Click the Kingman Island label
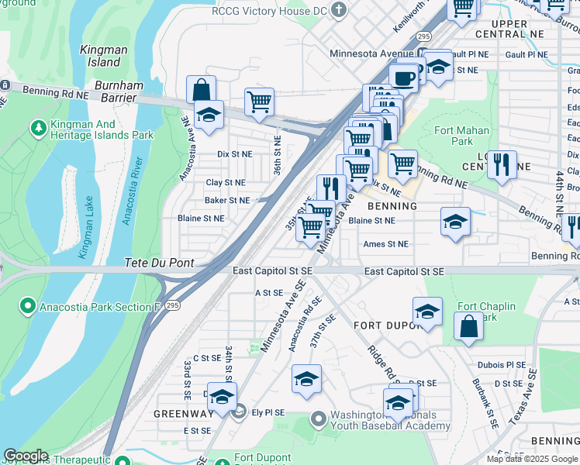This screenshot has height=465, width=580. [103, 55]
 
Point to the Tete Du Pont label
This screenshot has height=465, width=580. [160, 263]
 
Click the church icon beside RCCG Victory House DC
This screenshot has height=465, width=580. [337, 9]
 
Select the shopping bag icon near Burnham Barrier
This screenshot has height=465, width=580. [202, 90]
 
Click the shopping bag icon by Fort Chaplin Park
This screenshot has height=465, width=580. [468, 327]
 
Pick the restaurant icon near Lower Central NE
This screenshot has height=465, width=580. [502, 164]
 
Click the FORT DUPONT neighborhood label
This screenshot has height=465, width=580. [386, 325]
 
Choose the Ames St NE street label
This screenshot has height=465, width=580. [385, 244]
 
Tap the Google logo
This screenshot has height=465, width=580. [26, 456]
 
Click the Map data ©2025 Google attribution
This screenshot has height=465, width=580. [531, 459]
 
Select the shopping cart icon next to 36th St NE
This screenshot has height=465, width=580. [259, 102]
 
